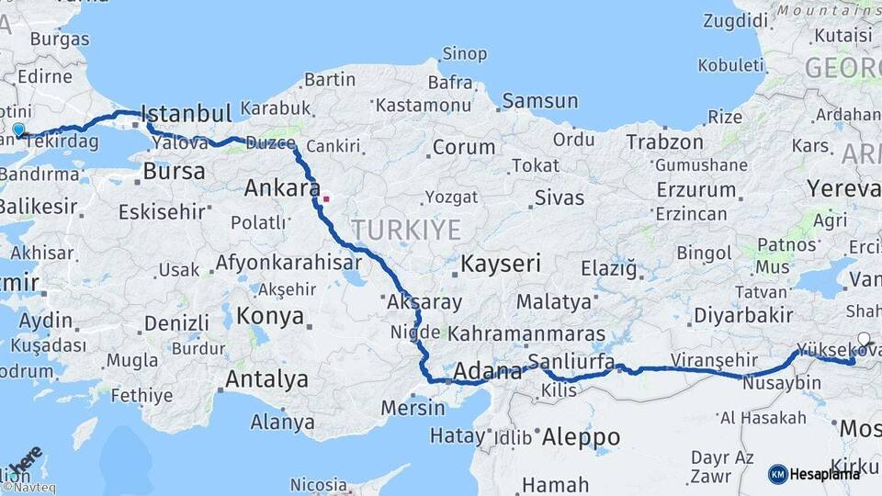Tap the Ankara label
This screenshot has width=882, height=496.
pos(277,188)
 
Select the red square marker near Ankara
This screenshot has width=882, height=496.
pos(325,198)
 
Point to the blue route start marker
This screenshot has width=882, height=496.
pos(18,130)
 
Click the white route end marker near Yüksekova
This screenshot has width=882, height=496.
pos(864,339)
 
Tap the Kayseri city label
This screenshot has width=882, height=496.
pos(501,265)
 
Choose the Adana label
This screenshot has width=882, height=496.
pos(489,373)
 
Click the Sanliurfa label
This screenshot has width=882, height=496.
pos(571,362)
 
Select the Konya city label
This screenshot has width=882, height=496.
pos(270,317)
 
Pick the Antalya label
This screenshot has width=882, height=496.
pos(266,378)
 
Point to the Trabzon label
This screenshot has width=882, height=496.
pos(665,142)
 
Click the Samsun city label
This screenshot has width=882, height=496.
pos(540,102)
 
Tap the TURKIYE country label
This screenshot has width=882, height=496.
pos(405,230)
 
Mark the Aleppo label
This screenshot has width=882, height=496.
pos(582,437)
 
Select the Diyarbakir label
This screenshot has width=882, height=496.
pos(743,315)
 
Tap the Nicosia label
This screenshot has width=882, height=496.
pos(319,484)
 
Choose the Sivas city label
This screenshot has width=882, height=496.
pos(560,197)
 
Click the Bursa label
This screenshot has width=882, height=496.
pos(175,172)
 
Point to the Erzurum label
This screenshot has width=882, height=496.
pos(696,190)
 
